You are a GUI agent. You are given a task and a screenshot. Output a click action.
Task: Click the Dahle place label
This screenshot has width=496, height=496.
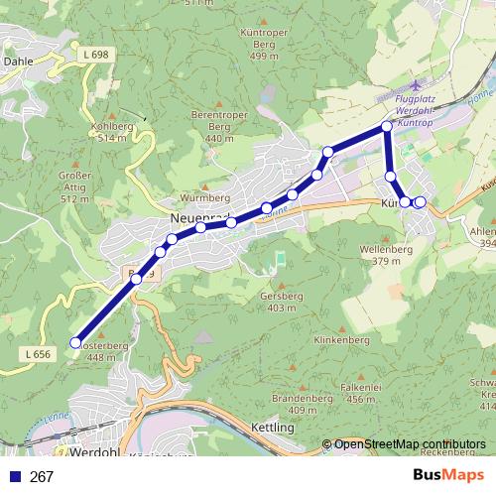point(19,61)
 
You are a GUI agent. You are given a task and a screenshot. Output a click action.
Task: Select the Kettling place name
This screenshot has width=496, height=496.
point(275,428)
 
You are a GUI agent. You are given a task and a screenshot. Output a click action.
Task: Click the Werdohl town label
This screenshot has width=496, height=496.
point(96,451)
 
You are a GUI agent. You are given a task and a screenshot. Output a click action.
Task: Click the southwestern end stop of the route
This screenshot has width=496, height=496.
point(75,343)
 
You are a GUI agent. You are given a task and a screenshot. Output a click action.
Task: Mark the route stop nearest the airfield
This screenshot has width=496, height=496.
point(387,128)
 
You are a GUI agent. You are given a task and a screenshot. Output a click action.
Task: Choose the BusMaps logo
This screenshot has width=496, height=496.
point(447,476)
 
